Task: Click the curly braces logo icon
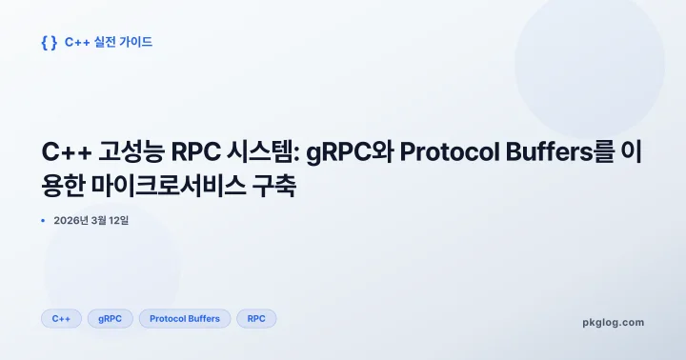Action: click(50, 42)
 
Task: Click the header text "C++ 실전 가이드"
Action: click(109, 42)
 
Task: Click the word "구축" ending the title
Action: click(277, 185)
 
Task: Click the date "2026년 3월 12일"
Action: click(91, 221)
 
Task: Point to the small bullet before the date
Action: click(44, 221)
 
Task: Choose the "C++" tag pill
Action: click(61, 318)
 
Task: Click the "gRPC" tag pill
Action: click(110, 318)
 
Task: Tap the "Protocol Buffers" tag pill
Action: click(185, 318)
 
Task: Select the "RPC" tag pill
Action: click(256, 318)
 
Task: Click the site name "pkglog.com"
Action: click(613, 322)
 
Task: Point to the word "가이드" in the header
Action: click(135, 42)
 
